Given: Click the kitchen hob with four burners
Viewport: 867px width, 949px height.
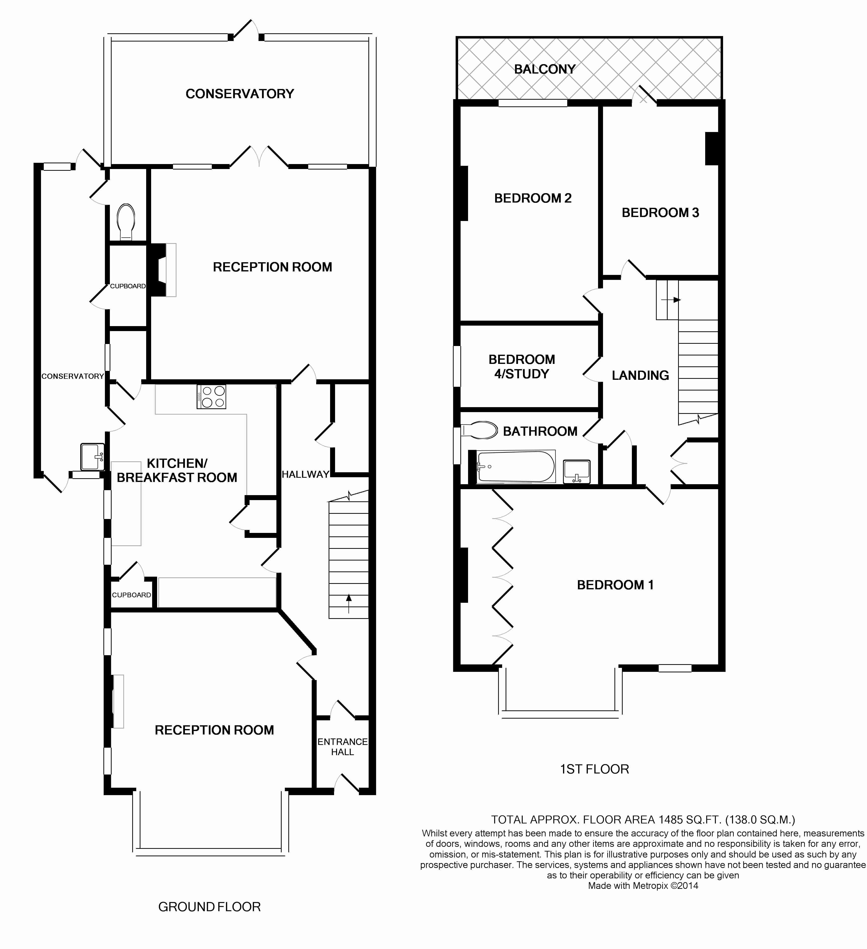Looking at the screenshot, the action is point(211,396).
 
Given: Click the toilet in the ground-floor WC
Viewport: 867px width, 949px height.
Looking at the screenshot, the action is point(126,222).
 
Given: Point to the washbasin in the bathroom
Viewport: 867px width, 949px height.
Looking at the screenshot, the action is point(577,471).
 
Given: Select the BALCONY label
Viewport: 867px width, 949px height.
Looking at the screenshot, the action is point(545,69).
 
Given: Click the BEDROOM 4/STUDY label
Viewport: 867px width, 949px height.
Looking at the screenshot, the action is point(521,367).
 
